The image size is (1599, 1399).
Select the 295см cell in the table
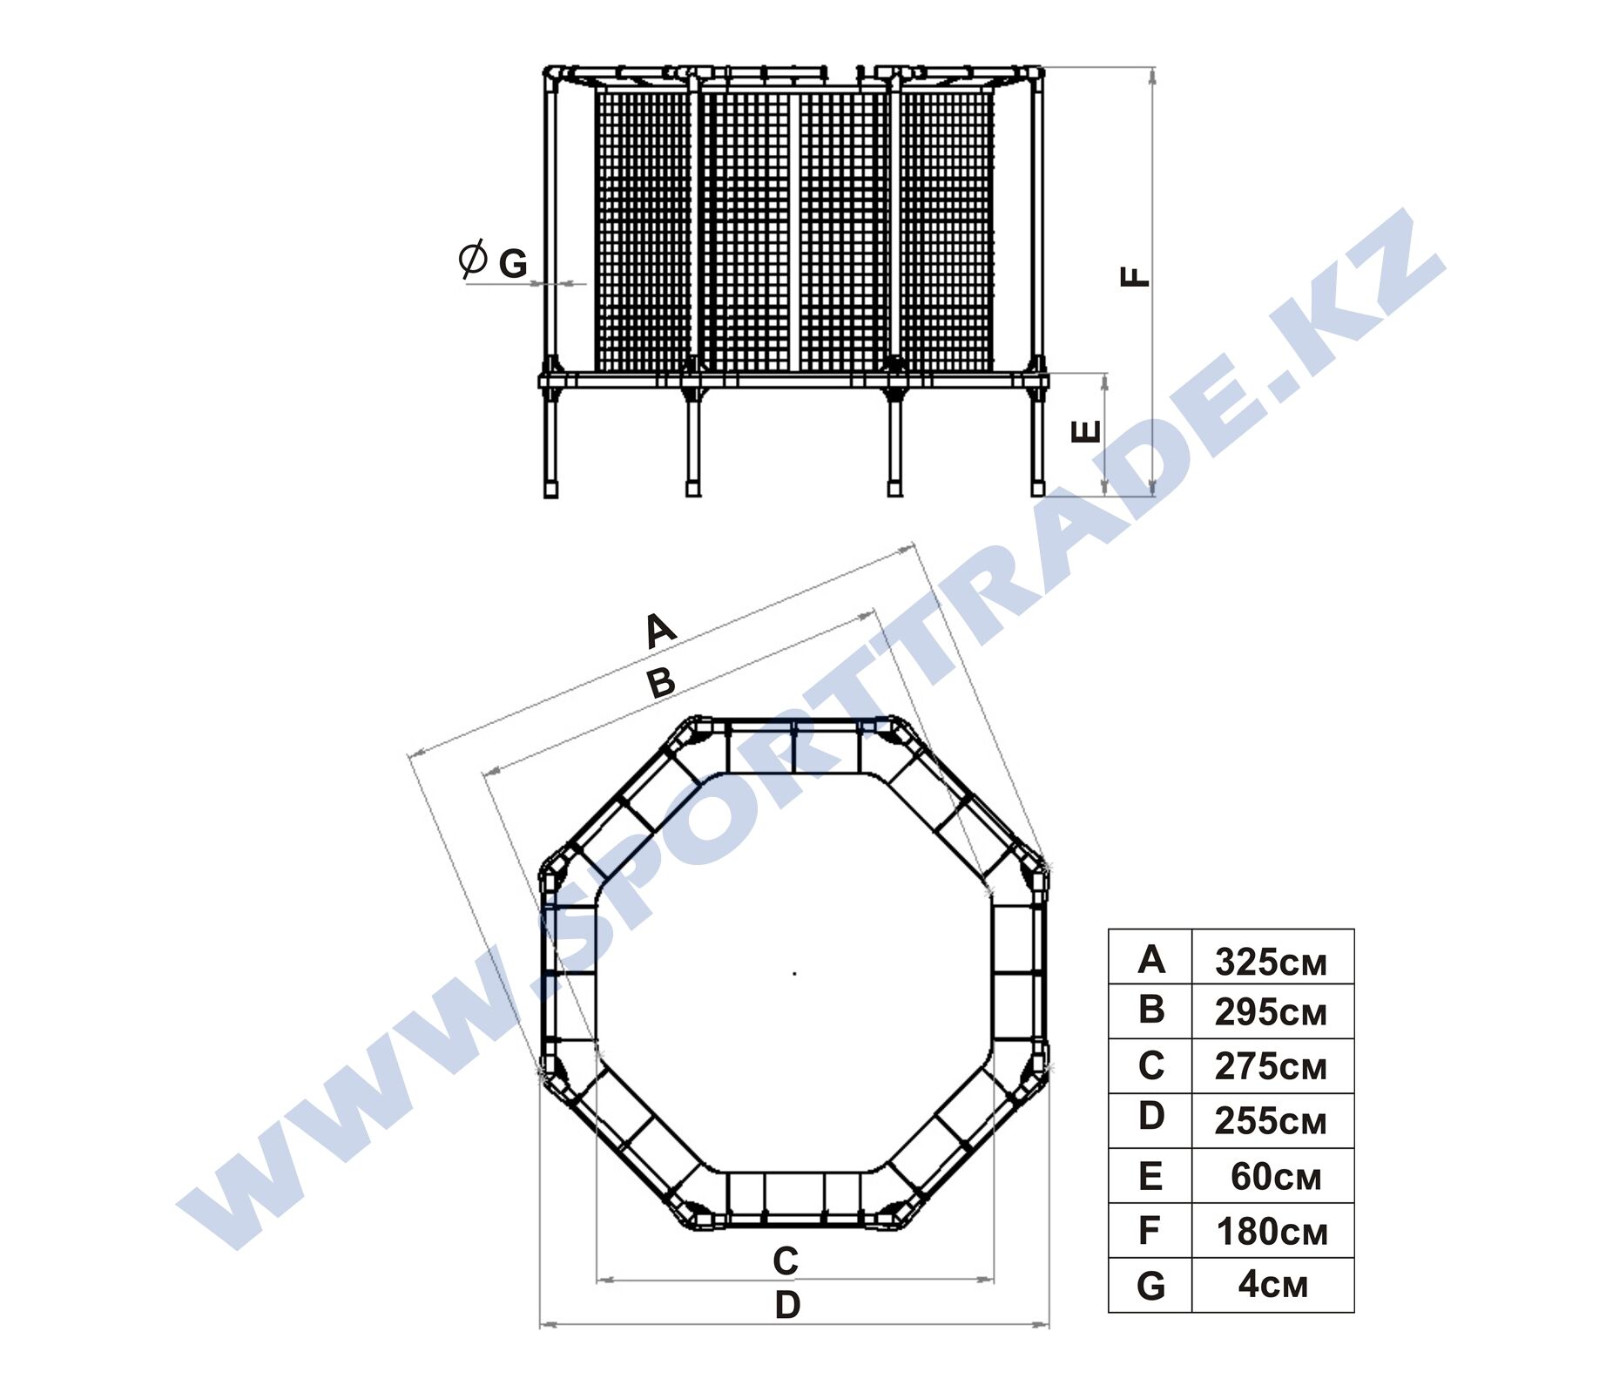click(x=1271, y=1012)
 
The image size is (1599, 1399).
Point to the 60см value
click(x=1276, y=1177)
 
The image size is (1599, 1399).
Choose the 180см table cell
click(x=1272, y=1232)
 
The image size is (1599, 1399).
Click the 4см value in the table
click(x=1273, y=1285)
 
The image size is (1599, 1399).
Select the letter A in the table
click(x=1150, y=959)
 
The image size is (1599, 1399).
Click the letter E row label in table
click(x=1150, y=1177)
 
